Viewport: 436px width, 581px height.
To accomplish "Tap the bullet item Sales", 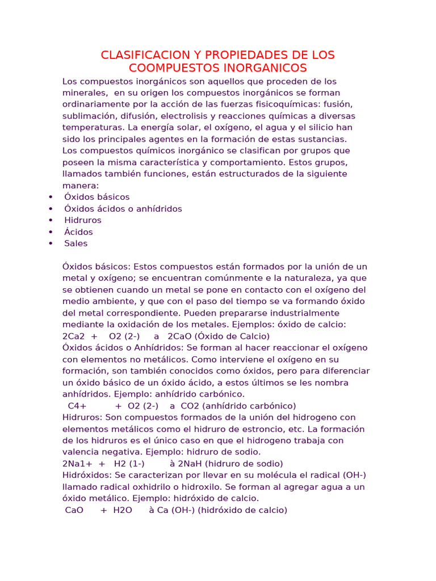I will pyautogui.click(x=76, y=243).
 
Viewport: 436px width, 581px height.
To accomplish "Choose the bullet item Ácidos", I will pyautogui.click(x=78, y=232).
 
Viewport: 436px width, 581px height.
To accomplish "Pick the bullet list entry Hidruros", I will pyautogui.click(x=83, y=220).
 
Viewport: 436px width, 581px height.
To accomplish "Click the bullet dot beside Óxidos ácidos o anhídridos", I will pyautogui.click(x=51, y=209).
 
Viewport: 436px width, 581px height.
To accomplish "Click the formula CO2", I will pyautogui.click(x=191, y=406).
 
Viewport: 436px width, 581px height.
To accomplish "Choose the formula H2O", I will pyautogui.click(x=123, y=510).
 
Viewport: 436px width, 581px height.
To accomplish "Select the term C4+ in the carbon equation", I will pyautogui.click(x=77, y=406).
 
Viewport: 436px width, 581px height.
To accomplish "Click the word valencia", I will pyautogui.click(x=81, y=452).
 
